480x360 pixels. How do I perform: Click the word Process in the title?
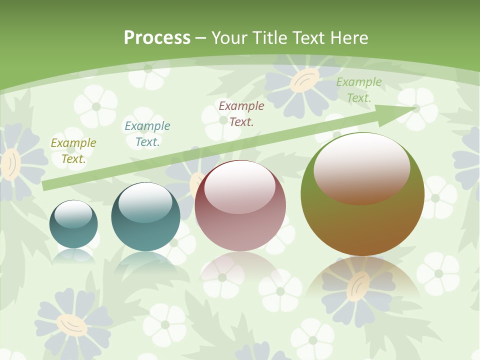tap(157, 38)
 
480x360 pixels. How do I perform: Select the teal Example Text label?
tap(147, 134)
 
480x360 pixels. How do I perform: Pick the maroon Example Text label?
tap(241, 113)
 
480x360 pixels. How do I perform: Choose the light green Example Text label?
tap(359, 90)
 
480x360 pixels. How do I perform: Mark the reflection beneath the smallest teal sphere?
tap(73, 256)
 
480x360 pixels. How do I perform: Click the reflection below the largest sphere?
tap(362, 280)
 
